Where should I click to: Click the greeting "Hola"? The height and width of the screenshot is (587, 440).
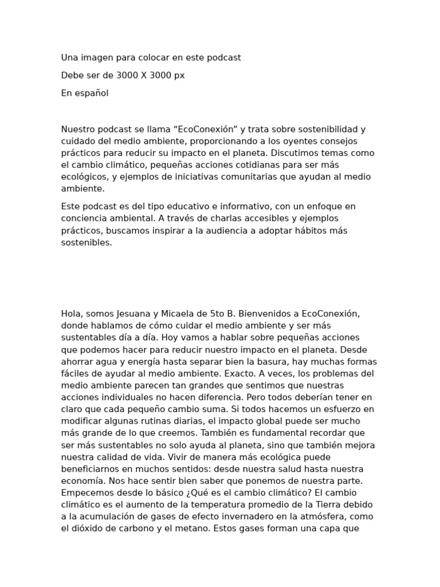(x=72, y=314)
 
